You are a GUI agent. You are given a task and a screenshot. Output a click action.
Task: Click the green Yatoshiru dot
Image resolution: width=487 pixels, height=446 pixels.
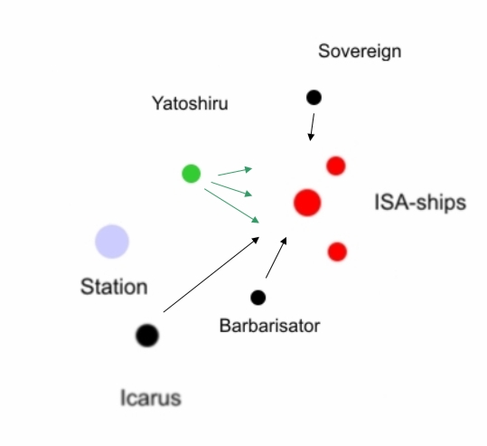pos(191,174)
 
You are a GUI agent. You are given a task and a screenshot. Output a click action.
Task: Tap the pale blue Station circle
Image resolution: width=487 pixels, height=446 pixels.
pos(112,242)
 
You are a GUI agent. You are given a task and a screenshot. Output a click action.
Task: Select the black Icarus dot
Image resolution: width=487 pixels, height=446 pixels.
pos(147,336)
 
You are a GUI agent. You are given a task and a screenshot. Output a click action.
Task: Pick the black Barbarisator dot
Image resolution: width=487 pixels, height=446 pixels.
pos(258,298)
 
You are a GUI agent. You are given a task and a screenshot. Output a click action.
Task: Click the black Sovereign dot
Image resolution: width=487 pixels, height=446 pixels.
pos(314,98)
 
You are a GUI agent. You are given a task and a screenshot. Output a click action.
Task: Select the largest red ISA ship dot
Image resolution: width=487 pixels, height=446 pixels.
pos(307,203)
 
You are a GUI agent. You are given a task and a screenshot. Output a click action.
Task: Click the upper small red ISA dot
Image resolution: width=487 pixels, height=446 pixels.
pos(336,166)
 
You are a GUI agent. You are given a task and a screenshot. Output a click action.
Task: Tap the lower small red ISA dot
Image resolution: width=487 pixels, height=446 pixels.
pos(337,251)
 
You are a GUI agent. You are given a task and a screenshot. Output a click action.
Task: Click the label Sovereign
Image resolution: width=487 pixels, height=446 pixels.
pos(360,52)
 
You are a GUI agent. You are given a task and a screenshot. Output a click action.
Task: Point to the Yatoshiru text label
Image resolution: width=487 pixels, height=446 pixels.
pos(190,103)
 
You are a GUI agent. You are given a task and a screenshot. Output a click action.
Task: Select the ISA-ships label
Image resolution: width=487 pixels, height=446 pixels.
pos(420,203)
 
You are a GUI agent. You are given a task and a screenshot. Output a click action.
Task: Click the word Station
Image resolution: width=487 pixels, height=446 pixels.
pos(114,287)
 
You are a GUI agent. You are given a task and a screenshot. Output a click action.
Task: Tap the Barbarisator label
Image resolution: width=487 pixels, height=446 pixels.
pos(269,326)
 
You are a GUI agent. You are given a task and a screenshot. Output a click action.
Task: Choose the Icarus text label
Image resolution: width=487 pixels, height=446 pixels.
pos(150,397)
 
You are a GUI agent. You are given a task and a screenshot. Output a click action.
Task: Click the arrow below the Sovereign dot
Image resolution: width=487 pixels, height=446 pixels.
pos(312,127)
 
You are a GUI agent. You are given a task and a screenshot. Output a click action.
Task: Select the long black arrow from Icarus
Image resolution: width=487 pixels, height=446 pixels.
pos(211,274)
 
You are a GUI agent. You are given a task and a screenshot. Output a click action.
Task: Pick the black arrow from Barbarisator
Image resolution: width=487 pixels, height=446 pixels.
pos(276,258)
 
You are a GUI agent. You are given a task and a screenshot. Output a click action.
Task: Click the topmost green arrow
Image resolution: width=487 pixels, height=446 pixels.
pos(235,172)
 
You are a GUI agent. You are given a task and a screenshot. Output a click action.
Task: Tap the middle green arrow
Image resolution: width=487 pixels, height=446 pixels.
pos(231,189)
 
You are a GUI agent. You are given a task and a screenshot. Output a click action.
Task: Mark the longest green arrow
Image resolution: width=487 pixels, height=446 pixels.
pos(231,206)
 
